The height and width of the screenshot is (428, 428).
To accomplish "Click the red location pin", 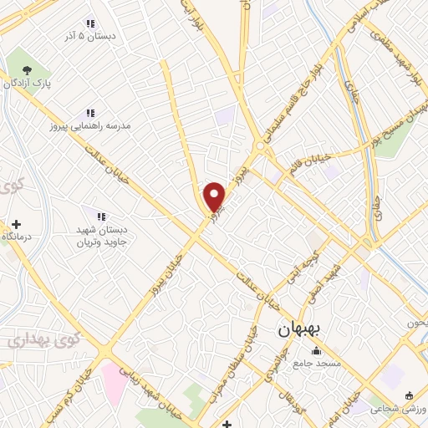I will (x=215, y=196).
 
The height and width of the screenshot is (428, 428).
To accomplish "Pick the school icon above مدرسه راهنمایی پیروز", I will (x=90, y=113).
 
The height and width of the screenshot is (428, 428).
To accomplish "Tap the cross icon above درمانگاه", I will (x=16, y=224).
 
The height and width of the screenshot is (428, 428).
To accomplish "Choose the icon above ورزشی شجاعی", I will (x=409, y=395).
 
